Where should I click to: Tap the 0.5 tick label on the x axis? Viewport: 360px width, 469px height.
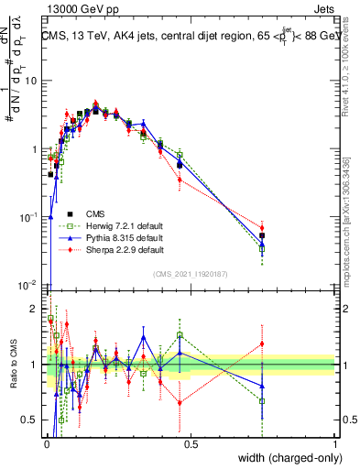[x=191, y=445]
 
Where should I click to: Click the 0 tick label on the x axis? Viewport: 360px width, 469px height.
[x=47, y=445]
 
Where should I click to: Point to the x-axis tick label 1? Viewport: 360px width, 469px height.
[x=335, y=445]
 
